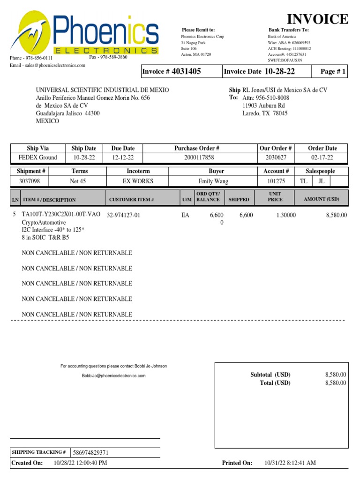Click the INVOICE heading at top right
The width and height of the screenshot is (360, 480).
point(317,19)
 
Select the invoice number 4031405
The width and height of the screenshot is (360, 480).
point(186,71)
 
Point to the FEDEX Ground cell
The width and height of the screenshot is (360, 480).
point(37,157)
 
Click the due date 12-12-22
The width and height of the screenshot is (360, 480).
point(123,157)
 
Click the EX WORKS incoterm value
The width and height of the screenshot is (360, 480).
point(138,181)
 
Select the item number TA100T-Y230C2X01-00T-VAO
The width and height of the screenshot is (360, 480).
point(61,215)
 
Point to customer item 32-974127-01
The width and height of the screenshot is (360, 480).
point(124,215)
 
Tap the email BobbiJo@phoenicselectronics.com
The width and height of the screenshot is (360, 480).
point(113,376)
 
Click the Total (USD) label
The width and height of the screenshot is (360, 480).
point(275,383)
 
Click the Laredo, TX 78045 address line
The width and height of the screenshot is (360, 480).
point(265,113)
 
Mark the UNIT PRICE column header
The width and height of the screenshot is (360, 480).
point(275,196)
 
